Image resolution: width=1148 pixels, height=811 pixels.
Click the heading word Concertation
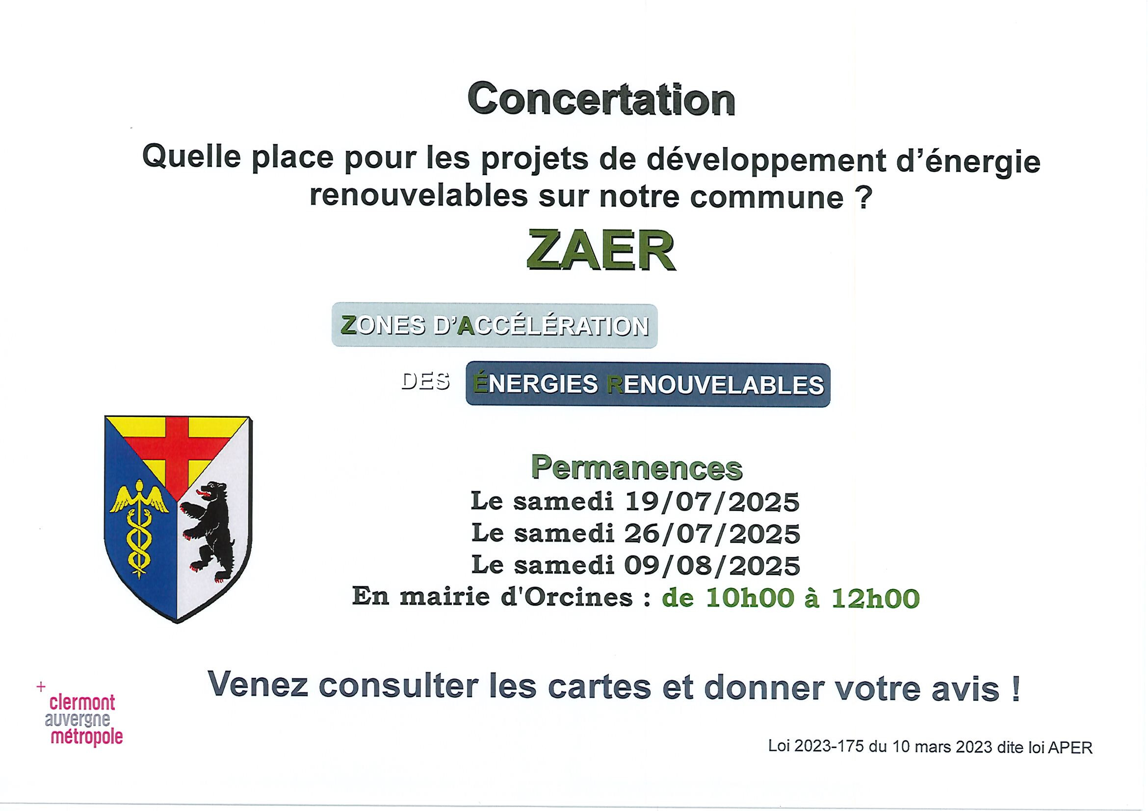601,101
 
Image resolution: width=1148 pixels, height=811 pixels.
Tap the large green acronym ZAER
601,251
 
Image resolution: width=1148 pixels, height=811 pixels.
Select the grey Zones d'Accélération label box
495,326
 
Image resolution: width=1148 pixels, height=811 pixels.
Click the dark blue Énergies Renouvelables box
648,385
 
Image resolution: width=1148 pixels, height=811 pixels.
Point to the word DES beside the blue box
425,382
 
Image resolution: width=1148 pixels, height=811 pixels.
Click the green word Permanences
636,468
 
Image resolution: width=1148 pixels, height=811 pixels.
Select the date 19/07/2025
712,501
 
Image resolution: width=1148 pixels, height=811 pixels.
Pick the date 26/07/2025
712,533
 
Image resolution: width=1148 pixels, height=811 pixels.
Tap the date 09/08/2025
712,565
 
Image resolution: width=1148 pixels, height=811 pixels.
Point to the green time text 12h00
876,598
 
